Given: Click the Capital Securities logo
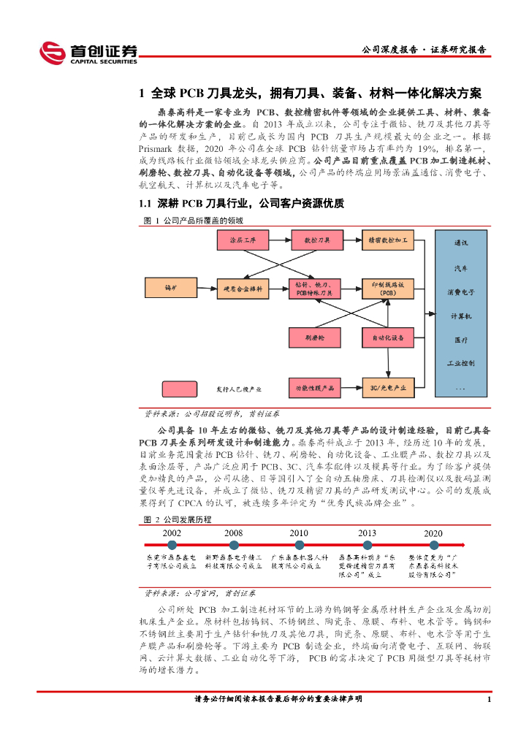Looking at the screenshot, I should pyautogui.click(x=88, y=53).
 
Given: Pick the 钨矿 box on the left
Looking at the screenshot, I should pyautogui.click(x=172, y=287).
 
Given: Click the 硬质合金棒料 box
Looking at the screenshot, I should pyautogui.click(x=243, y=287).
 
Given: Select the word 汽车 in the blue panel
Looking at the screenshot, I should pyautogui.click(x=461, y=267).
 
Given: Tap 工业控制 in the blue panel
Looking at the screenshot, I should pyautogui.click(x=461, y=363).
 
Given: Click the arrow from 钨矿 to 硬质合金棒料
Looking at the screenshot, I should pyautogui.click(x=208, y=287).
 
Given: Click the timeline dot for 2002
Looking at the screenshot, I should pyautogui.click(x=172, y=545).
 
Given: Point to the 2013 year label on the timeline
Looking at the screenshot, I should pyautogui.click(x=368, y=533).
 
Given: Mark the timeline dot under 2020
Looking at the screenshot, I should pyautogui.click(x=433, y=545).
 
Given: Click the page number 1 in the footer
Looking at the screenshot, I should pyautogui.click(x=488, y=700).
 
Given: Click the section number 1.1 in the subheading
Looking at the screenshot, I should pyautogui.click(x=145, y=203).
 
